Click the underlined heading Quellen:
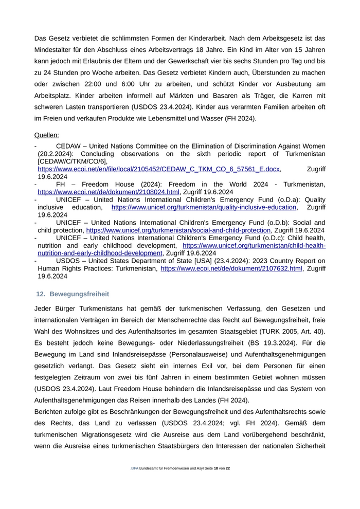pos(46,135)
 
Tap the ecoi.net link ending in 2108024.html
pos(109,192)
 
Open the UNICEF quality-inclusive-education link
pos(204,207)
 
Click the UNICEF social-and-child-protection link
pos(178,230)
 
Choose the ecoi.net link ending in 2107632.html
pos(231,268)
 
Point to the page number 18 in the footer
pos(216,468)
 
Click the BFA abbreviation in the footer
pos(135,468)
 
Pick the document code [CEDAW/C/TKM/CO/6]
pos(72,161)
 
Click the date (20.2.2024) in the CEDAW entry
pos(58,154)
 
